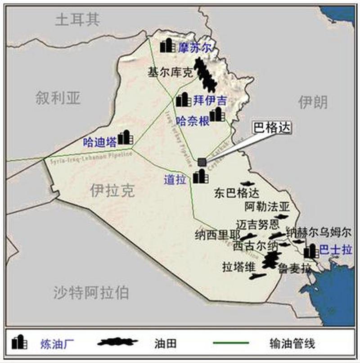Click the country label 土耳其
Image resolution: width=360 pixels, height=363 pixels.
coord(77,20)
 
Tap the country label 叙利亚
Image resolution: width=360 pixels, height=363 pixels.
coord(58,97)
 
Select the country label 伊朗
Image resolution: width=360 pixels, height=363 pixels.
coord(313,102)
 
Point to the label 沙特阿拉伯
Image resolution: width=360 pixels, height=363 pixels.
coord(91,293)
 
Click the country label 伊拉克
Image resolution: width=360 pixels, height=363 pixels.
coord(112,191)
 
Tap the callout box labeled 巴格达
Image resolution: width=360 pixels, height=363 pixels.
coord(270,128)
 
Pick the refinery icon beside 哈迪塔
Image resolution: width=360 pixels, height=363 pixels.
coord(125,137)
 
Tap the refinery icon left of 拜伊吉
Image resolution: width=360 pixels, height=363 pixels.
coord(183,100)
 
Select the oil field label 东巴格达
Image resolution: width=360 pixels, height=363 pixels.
coord(237,194)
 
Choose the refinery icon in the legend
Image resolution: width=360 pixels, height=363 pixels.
coord(19,342)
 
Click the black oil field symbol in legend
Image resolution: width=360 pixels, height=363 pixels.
coord(118,342)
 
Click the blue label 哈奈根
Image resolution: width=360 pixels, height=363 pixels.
coord(193,121)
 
